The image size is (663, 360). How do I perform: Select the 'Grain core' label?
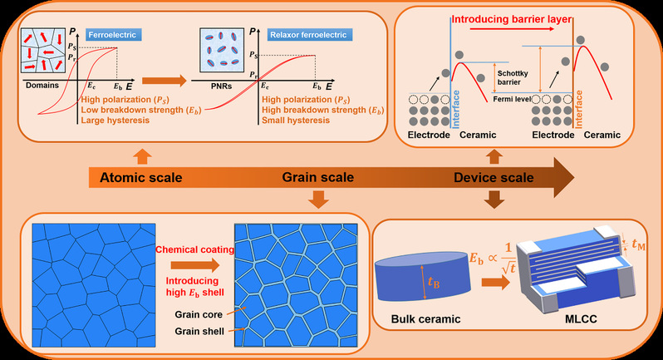pos(199,315)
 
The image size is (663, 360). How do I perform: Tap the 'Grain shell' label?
pos(199,331)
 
